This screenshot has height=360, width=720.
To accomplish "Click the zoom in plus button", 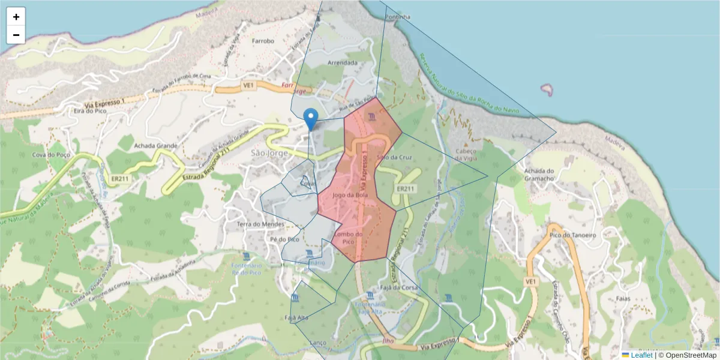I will point(16,17).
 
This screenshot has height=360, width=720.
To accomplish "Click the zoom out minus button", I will point(16,35).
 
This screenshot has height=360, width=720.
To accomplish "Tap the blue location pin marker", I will point(311,119).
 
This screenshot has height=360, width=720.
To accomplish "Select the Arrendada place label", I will point(343,62).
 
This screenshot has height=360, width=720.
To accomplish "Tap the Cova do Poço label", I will point(47,155).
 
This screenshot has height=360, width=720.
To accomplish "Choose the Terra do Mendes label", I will point(260,224).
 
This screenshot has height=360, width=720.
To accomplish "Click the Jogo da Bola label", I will point(349,195).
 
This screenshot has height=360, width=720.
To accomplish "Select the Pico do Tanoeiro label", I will point(573,235).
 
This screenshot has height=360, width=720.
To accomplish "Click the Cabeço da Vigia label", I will point(466,155).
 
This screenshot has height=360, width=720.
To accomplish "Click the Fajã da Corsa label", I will point(399,287).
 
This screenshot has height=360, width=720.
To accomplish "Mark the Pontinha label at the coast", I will point(398,17).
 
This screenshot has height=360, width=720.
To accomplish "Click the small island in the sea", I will point(547,90).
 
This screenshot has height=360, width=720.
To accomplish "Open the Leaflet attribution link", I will point(641,355).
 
